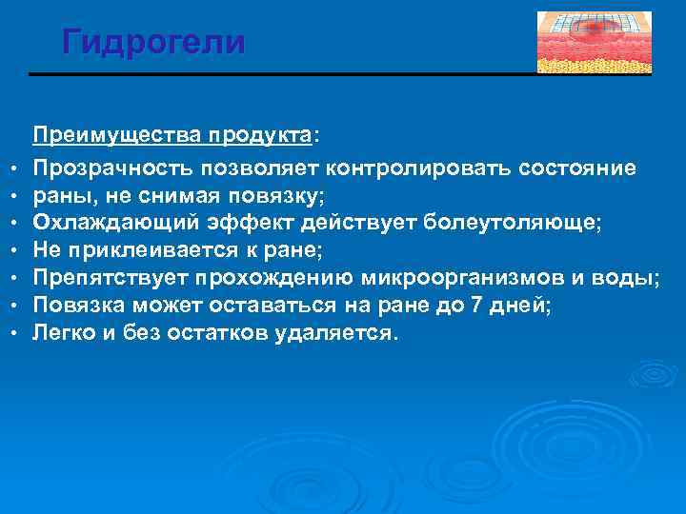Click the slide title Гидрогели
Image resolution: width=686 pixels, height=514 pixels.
(153, 42)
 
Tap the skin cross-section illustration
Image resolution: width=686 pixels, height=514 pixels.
(594, 42)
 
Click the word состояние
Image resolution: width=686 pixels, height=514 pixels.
(575, 168)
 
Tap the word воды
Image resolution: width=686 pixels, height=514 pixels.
(633, 278)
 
